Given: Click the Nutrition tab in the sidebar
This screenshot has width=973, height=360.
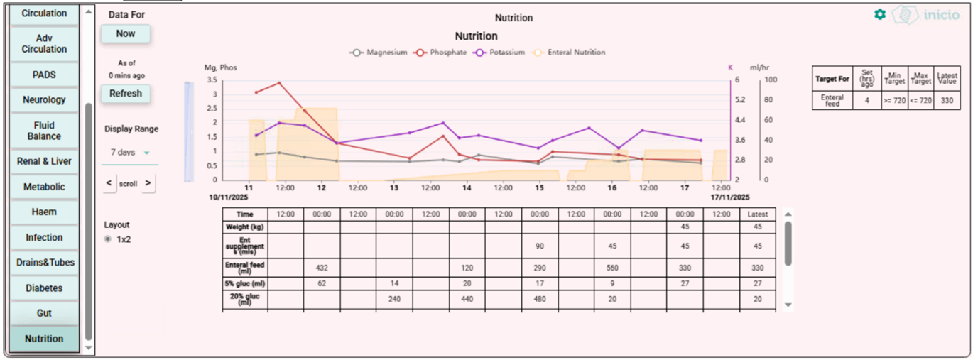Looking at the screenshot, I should click(44, 339).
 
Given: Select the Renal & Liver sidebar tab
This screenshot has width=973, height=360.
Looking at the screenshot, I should click(44, 161).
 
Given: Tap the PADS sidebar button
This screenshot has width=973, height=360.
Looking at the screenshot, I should click(44, 75).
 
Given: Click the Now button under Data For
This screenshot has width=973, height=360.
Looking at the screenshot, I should click(126, 33).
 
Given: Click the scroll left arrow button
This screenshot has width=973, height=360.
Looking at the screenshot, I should click(109, 183).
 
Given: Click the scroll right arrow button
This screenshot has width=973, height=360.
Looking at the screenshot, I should click(148, 183).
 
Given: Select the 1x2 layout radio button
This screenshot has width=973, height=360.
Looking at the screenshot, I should click(108, 239).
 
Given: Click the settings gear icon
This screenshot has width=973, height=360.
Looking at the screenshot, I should click(880, 14).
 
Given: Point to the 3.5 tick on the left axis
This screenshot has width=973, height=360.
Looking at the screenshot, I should click(212, 80).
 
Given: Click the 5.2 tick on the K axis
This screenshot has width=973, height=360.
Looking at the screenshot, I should click(741, 100).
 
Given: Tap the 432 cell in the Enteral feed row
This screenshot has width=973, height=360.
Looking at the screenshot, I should click(322, 268).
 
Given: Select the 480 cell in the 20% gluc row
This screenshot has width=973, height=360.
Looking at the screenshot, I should click(540, 299).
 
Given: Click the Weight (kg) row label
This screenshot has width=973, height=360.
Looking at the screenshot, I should click(244, 227).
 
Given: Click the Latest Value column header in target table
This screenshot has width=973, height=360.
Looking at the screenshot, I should click(946, 78).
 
